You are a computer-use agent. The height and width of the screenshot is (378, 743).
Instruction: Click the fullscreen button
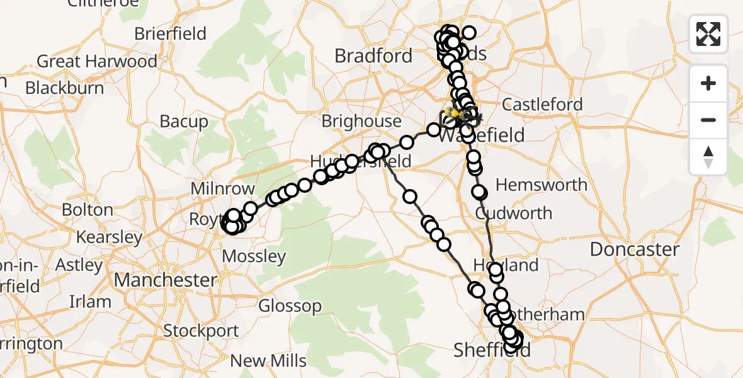click(x=708, y=34)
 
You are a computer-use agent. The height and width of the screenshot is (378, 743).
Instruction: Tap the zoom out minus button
click(x=708, y=120)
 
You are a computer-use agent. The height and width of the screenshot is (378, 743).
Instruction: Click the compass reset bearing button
click(x=708, y=157)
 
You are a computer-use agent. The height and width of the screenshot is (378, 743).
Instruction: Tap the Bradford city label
click(x=373, y=56)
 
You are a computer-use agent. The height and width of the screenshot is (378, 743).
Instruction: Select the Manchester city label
click(x=166, y=279)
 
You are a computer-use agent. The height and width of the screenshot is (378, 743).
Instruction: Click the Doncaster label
click(x=634, y=249)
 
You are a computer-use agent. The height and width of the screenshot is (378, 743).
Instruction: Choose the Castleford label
click(x=543, y=105)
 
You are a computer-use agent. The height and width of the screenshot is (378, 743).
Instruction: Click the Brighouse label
click(x=361, y=121)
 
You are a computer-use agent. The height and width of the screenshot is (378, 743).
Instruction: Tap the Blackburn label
click(x=64, y=88)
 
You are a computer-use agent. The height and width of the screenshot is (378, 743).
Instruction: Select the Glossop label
click(x=290, y=306)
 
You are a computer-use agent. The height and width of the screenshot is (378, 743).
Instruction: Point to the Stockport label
click(x=201, y=331)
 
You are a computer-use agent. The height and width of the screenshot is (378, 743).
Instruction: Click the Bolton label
click(x=88, y=210)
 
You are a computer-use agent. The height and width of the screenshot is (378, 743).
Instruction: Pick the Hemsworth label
click(x=542, y=185)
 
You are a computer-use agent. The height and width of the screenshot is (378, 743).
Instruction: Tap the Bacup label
click(x=184, y=122)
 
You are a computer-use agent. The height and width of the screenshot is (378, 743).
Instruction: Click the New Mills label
click(x=268, y=361)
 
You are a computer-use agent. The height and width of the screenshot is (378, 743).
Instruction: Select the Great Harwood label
click(x=97, y=62)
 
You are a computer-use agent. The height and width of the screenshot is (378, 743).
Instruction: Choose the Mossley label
click(x=254, y=256)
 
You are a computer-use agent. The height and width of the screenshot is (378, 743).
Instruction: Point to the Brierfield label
click(x=170, y=33)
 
